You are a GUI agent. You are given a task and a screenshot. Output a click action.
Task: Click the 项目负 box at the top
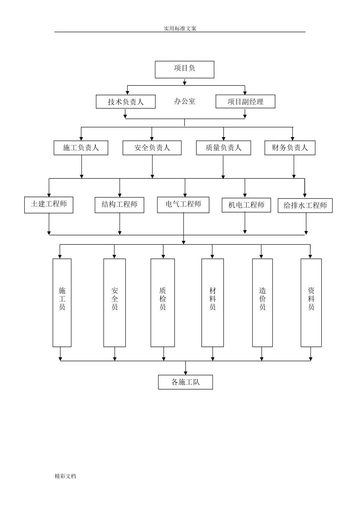(x=185, y=70)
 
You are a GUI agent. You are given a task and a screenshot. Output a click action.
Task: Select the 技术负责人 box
(x=125, y=101)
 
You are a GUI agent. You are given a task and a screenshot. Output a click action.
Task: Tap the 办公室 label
(x=185, y=101)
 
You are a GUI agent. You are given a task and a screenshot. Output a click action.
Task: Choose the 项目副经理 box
(x=246, y=101)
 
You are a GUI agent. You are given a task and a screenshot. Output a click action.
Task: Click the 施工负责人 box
(x=81, y=148)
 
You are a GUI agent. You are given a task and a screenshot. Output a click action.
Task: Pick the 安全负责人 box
(x=152, y=148)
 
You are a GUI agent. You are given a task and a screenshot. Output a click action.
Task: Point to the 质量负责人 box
(x=224, y=148)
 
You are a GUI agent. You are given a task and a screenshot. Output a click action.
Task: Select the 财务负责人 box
(x=290, y=148)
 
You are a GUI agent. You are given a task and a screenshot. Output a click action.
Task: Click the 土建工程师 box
(x=49, y=205)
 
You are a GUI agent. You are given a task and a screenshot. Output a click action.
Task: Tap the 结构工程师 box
(x=119, y=205)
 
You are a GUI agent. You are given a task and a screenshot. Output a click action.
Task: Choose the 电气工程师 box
(x=183, y=205)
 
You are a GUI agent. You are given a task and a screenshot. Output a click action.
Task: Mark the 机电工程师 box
(x=246, y=205)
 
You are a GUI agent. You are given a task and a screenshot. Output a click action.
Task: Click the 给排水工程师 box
(x=305, y=205)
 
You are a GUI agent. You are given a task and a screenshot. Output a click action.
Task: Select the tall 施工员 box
(x=62, y=303)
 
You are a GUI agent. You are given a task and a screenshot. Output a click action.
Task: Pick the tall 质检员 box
(x=163, y=303)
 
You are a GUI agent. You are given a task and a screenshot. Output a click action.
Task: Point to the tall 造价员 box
(x=263, y=303)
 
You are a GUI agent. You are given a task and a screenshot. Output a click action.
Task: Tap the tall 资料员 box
(x=311, y=303)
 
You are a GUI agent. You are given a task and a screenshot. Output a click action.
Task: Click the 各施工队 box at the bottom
(x=185, y=382)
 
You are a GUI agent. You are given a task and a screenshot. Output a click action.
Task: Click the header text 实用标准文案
(x=180, y=28)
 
